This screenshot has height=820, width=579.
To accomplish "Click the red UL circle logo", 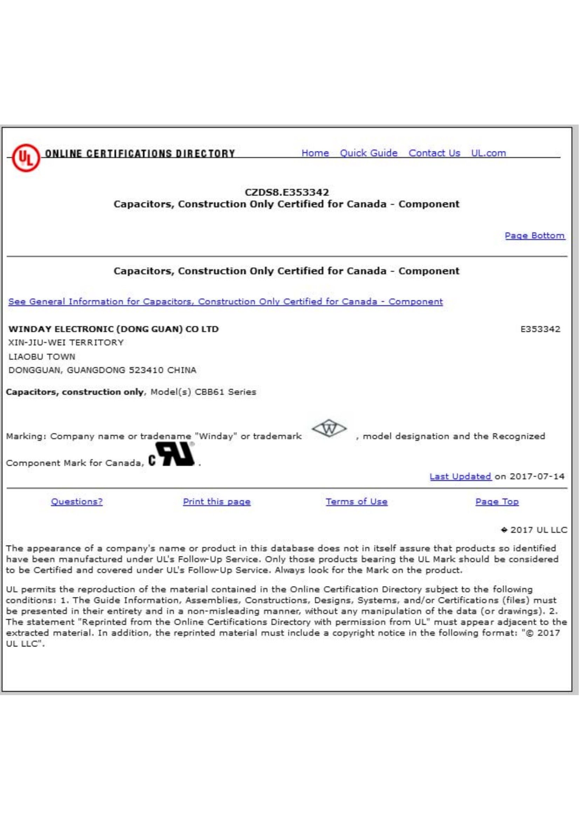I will coord(25,157).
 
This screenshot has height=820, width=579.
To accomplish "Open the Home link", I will coord(315,153).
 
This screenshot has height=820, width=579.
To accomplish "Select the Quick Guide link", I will coord(368,153).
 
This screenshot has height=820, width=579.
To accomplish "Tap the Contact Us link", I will coord(434,153).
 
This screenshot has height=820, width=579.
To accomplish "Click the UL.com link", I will coord(488,153).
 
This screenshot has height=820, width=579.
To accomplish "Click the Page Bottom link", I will coord(535,236).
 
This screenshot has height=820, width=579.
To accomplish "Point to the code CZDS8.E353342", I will coord(287,192).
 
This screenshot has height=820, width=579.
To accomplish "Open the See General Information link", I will coord(226,301).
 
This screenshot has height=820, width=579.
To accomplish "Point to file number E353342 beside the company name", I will coord(540,329).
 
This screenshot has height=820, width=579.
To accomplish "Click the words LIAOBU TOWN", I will coord(42,356).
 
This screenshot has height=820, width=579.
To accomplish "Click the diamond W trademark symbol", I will coord(329,429).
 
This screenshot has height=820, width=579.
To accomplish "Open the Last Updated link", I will coord(460,476).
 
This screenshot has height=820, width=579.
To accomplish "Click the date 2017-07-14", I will coord(537,476).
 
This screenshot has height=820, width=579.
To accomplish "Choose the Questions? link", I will coord(77,502).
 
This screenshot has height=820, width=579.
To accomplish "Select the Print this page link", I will coord(216,502).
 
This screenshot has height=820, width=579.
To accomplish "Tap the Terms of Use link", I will coord(356,502).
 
